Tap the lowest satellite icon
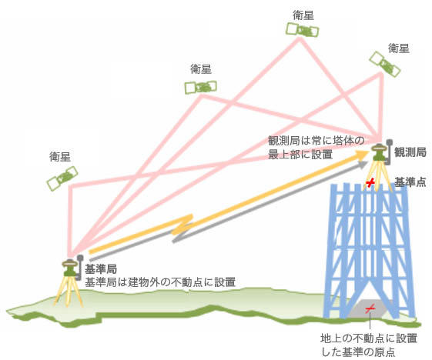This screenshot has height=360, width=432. coord(61,179)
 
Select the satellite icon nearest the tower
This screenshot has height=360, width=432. coord(384,64)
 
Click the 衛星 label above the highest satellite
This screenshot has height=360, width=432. coord(303,15)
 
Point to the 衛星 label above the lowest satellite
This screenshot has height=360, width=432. coord(60,156)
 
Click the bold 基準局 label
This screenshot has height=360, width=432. coord(101,269)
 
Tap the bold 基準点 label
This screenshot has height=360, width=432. coord(410,182)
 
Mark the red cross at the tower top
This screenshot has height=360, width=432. coord(371,182)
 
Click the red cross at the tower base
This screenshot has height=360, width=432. coord(370,308)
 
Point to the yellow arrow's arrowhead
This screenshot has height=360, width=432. coord(363,156)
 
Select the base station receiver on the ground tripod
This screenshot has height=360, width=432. coord(70,267)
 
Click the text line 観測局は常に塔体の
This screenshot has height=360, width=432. coord(316,141)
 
